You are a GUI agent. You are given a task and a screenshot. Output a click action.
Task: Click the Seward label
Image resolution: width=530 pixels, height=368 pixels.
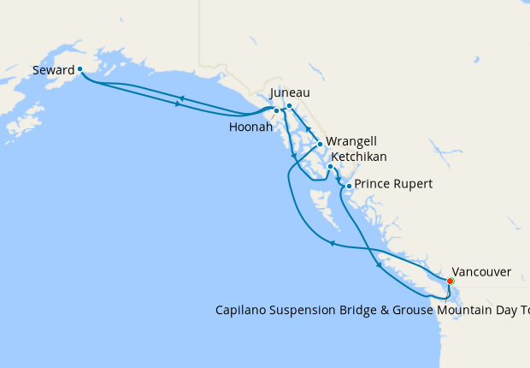(53, 69)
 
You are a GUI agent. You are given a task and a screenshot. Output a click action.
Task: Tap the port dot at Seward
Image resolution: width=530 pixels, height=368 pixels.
(79, 69)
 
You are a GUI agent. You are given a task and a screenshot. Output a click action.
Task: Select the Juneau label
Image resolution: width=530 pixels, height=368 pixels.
(289, 92)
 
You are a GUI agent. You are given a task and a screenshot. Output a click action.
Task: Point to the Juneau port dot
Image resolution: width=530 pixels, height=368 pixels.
(289, 106)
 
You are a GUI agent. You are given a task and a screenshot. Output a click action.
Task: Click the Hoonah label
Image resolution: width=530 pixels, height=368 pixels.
(251, 127)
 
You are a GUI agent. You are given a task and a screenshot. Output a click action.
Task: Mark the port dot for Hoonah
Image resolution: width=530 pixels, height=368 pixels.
(276, 111)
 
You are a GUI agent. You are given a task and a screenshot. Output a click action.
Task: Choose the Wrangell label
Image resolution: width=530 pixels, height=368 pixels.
(350, 141)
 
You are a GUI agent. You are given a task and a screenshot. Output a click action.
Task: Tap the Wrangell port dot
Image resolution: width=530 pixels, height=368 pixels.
(319, 145)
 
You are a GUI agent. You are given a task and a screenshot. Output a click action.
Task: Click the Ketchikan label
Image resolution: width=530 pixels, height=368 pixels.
(358, 157)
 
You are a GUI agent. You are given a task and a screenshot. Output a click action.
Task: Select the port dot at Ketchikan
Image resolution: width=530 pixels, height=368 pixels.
(330, 167)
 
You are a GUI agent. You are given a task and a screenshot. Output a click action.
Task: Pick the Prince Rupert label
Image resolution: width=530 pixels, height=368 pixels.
(393, 184)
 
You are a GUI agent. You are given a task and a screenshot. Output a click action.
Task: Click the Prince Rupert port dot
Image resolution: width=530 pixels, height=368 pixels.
(349, 186)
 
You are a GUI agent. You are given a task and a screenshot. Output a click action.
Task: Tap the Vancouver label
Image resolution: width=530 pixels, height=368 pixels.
(481, 271)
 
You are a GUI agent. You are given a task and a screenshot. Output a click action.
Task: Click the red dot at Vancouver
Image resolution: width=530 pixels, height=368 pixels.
(450, 281)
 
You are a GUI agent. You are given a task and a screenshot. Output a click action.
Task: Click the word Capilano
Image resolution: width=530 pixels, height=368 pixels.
(244, 309)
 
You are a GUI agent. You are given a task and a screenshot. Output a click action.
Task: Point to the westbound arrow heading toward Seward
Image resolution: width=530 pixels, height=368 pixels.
(181, 98)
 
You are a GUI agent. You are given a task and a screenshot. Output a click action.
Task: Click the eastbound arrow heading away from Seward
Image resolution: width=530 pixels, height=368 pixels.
(178, 104)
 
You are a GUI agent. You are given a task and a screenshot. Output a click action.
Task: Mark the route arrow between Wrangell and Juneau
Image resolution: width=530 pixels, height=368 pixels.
(309, 132)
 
